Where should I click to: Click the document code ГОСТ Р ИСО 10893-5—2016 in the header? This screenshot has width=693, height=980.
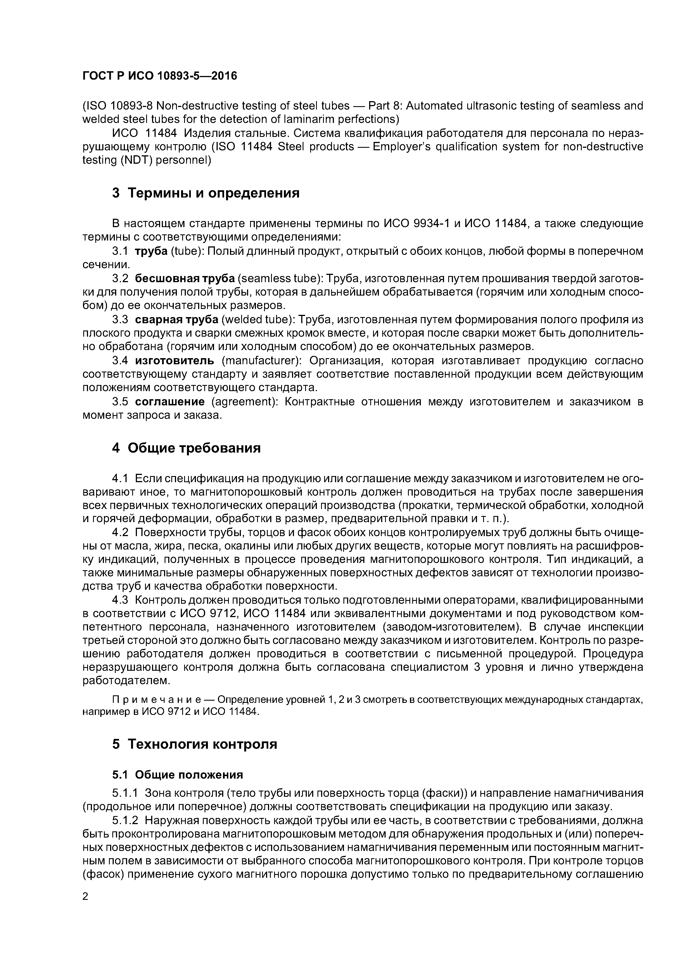click(159, 76)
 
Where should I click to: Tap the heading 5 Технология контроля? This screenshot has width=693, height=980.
click(195, 744)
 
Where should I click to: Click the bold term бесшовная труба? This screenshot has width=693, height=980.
click(184, 279)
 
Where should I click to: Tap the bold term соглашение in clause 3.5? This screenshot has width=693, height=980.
click(170, 402)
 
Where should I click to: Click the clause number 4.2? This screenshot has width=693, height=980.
click(120, 532)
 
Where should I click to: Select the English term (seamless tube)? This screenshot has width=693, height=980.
click(280, 279)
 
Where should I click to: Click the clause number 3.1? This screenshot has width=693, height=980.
click(120, 251)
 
